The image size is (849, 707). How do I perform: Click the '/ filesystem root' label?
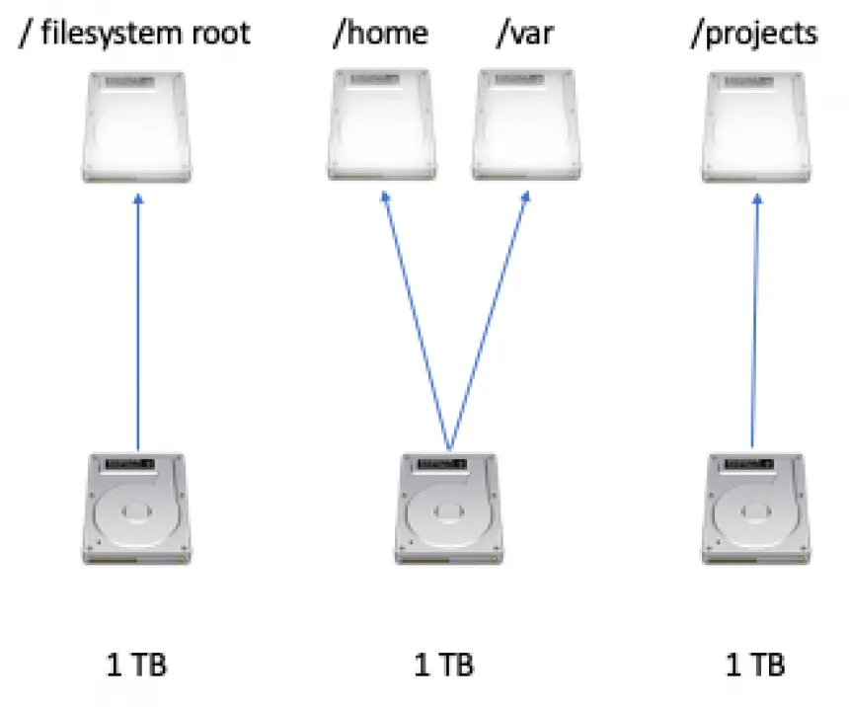(x=134, y=33)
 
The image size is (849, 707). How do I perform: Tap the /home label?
(x=380, y=33)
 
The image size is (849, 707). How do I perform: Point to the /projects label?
(x=756, y=33)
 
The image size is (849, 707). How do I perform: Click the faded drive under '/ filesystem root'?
(x=136, y=126)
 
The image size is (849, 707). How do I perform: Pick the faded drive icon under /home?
(x=381, y=126)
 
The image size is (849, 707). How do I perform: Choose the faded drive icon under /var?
(x=524, y=126)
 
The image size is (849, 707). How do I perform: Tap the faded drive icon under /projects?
(x=755, y=126)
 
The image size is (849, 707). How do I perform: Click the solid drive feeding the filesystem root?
(x=137, y=510)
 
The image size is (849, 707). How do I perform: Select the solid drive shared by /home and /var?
(x=449, y=510)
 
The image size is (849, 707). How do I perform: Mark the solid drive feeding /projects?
(x=756, y=510)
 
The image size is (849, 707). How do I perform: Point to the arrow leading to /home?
(x=415, y=321)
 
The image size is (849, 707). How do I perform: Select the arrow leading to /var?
(x=487, y=321)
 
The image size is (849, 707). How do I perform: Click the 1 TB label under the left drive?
(x=137, y=665)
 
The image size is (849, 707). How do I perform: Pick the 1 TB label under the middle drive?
(x=443, y=665)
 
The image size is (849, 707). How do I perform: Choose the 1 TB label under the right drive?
(x=755, y=665)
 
